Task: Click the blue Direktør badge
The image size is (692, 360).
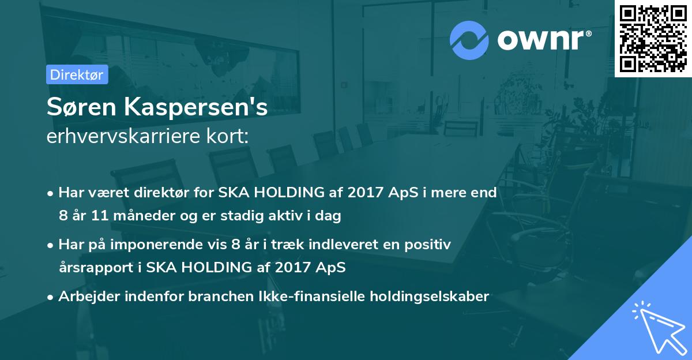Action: (x=77, y=74)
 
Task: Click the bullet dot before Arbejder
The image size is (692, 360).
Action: (x=51, y=297)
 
